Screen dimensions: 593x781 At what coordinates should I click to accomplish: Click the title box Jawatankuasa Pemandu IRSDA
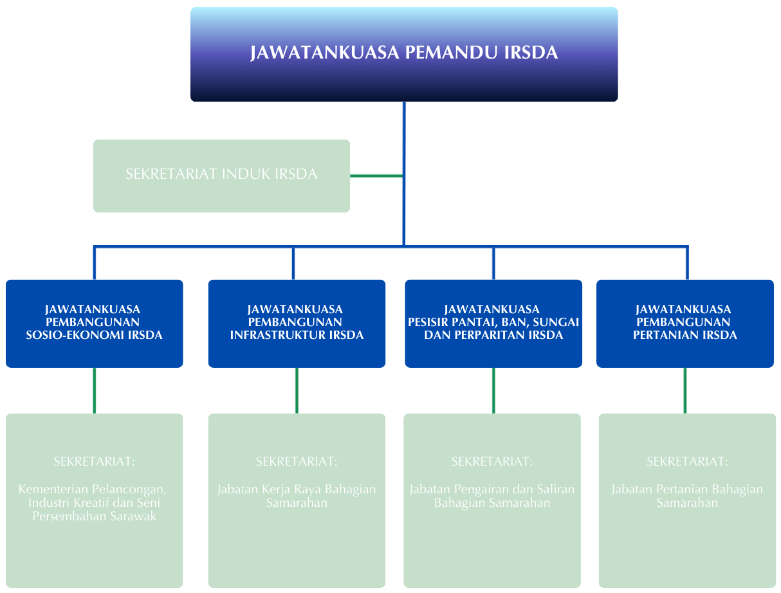tap(404, 54)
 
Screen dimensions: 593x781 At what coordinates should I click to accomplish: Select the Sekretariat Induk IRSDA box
tap(221, 176)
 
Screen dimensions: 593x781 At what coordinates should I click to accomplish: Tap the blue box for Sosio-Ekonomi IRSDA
tap(94, 323)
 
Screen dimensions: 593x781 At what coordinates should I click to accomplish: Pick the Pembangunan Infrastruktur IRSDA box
tap(297, 323)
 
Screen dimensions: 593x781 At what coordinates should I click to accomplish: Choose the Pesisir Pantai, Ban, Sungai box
tap(493, 323)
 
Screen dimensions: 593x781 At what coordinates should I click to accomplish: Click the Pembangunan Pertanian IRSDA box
tap(685, 323)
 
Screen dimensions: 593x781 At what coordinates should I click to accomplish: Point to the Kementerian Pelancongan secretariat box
tap(94, 500)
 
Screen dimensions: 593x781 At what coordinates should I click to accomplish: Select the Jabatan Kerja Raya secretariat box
tap(297, 500)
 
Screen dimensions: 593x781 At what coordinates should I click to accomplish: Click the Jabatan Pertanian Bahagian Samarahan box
tap(687, 500)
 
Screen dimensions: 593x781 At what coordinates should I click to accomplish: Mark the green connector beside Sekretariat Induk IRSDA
tap(376, 176)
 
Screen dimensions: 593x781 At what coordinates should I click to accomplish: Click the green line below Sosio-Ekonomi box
tap(95, 390)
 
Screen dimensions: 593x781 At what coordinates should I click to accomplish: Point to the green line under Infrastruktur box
tap(297, 390)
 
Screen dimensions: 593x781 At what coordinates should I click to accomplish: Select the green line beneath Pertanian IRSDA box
tap(685, 390)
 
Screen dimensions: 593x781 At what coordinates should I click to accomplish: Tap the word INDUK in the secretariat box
tap(244, 174)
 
